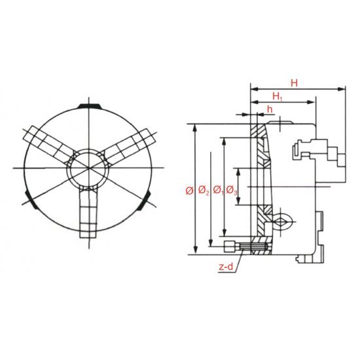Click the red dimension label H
click(x=294, y=83)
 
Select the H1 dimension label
click(x=278, y=96)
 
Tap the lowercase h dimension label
click(x=270, y=109)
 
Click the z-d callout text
click(x=226, y=267)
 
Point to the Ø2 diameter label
click(x=204, y=190)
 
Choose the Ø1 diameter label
click(x=218, y=190)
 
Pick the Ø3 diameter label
click(x=232, y=190)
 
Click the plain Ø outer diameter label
click(x=189, y=190)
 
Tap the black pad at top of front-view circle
click(x=89, y=106)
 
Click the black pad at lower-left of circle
click(x=30, y=200)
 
